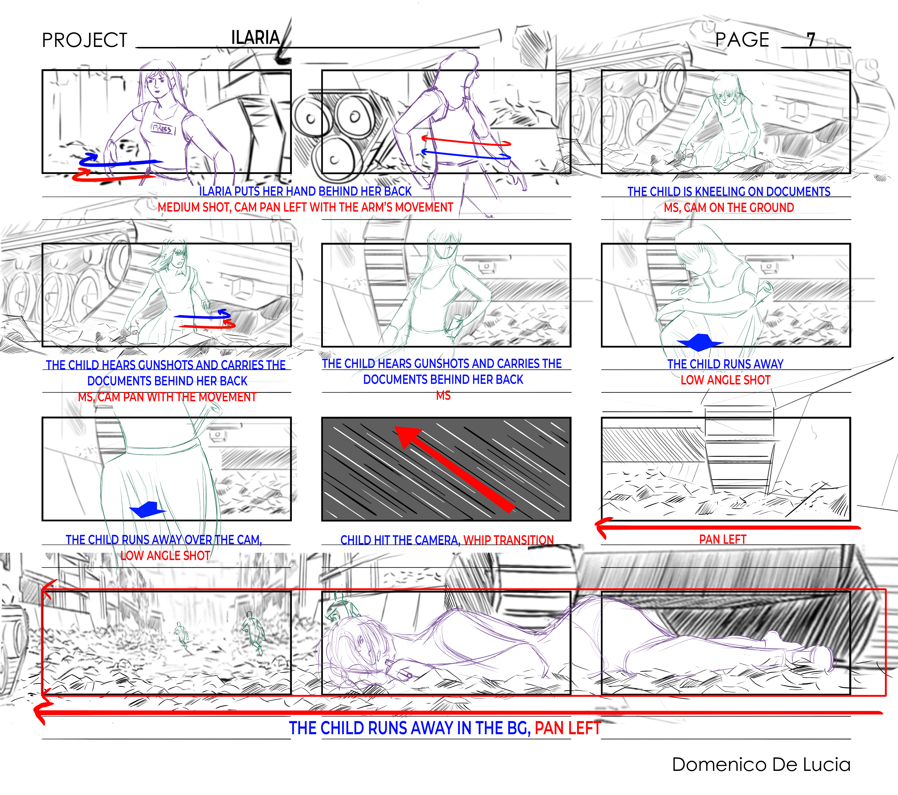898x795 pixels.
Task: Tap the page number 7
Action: point(811,40)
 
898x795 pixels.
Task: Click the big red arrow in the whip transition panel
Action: point(455,469)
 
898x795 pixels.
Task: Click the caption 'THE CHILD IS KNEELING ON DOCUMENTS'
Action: point(728,192)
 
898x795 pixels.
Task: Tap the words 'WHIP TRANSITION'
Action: point(508,540)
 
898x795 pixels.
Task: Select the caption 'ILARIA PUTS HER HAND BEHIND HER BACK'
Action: point(305,192)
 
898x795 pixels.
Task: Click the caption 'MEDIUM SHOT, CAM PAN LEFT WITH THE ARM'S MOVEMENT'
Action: point(305,207)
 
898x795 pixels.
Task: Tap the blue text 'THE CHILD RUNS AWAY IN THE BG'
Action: point(409,728)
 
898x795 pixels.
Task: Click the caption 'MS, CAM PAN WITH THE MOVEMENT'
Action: point(167,397)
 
